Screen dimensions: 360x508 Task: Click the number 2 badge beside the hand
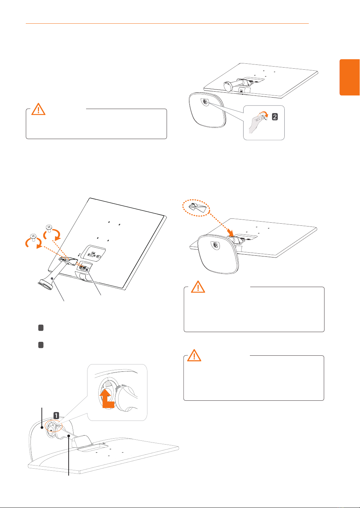click(275, 117)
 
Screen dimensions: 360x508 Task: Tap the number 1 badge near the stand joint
click(56, 415)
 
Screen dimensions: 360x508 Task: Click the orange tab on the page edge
click(350, 77)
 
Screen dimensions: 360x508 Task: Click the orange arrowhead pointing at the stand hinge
click(230, 232)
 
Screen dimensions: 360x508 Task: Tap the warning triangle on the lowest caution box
click(194, 355)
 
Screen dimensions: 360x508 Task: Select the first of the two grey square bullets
click(41, 328)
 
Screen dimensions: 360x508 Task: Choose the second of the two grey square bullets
click(41, 345)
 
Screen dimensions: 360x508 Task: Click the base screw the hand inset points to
click(205, 102)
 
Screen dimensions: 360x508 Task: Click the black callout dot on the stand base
click(42, 428)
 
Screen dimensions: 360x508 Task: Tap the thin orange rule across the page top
click(167, 23)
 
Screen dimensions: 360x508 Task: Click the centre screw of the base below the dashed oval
click(215, 245)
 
